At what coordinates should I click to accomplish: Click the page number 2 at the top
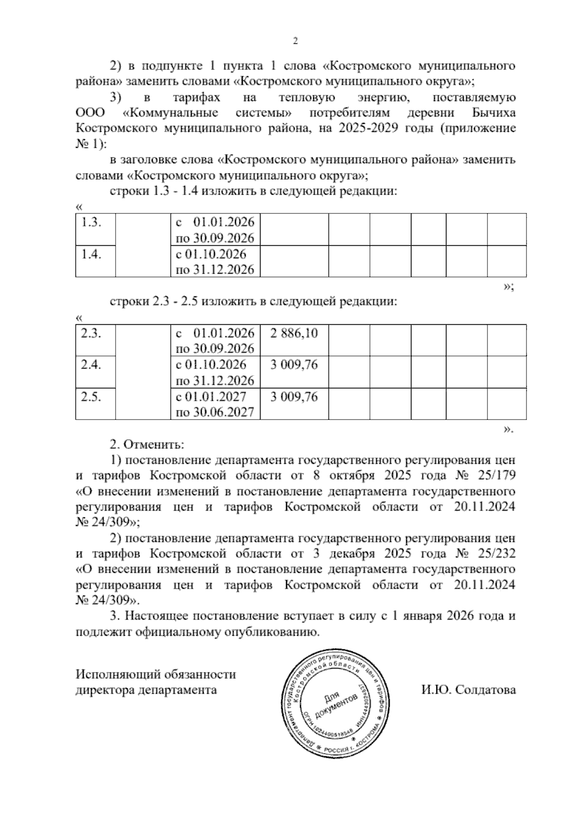click(x=295, y=41)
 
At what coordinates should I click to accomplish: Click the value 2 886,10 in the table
click(x=294, y=333)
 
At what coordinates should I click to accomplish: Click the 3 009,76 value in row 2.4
click(x=294, y=365)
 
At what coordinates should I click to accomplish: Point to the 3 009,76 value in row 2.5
click(x=294, y=396)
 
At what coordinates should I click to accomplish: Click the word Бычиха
click(x=492, y=113)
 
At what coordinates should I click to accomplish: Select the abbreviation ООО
click(x=90, y=113)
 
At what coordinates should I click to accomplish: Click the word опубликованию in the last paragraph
click(x=273, y=632)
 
